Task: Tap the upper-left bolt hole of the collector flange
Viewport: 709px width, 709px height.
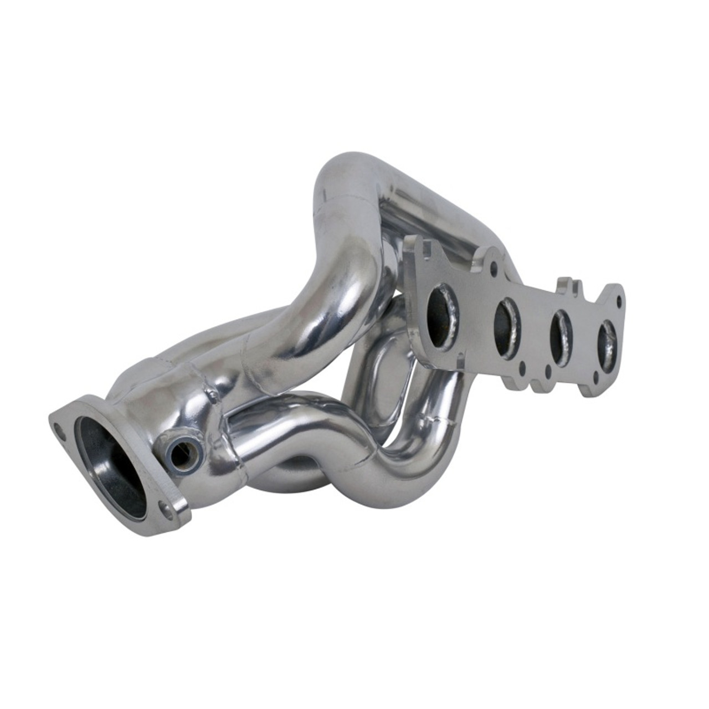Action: coord(58,427)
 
